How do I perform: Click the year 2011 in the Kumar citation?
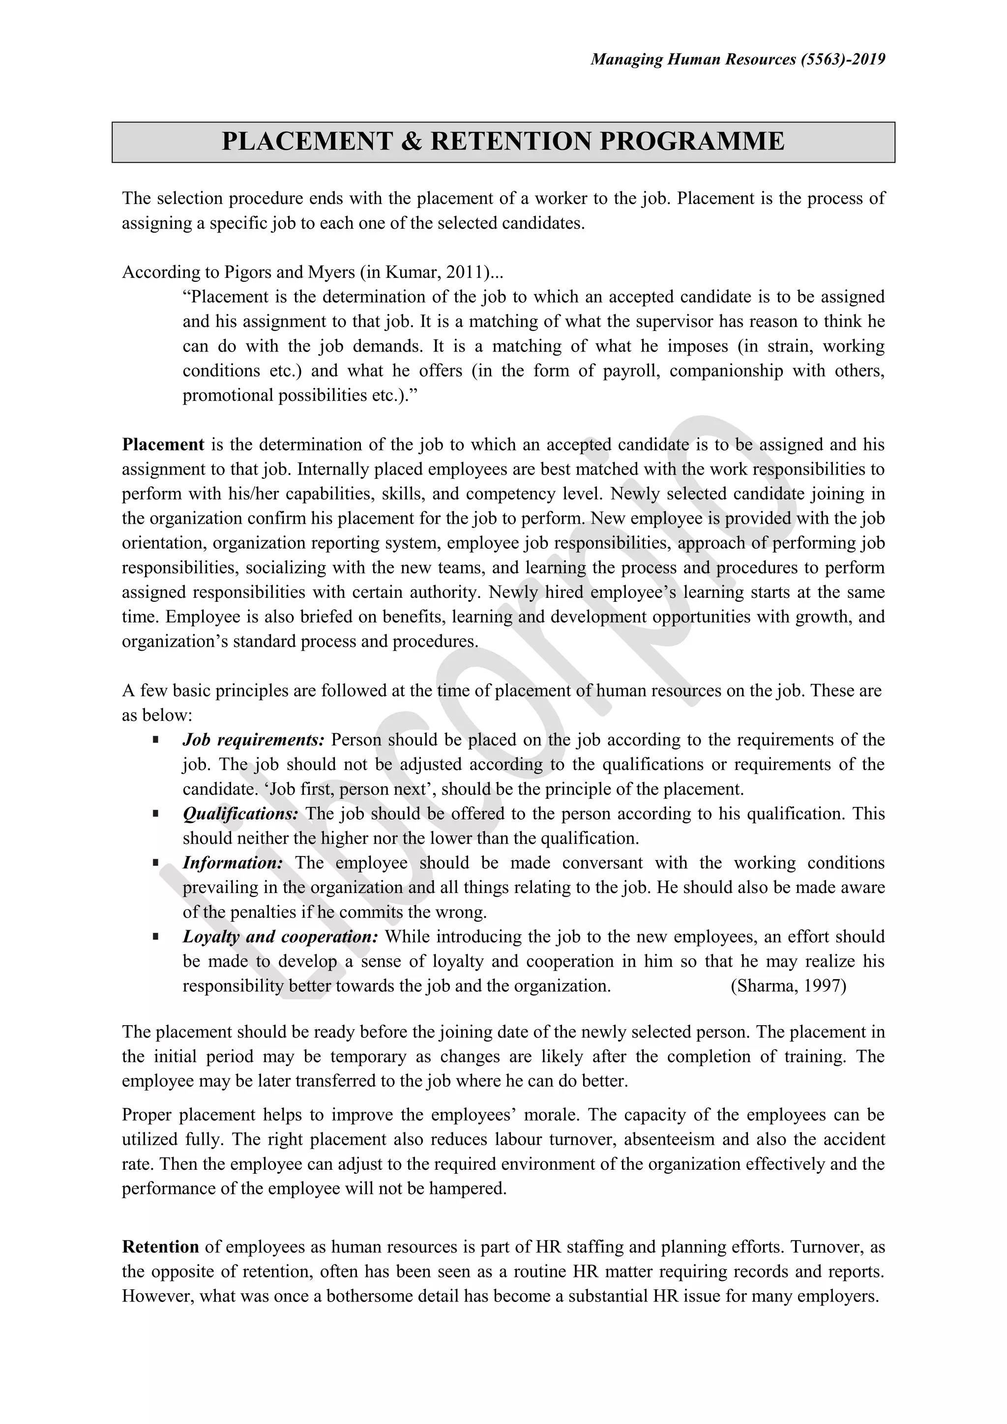pyautogui.click(x=465, y=272)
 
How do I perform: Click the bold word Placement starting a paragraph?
pyautogui.click(x=163, y=445)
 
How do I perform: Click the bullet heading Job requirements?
pyautogui.click(x=254, y=740)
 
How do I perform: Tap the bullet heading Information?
pyautogui.click(x=233, y=863)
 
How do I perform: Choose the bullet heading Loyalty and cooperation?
pyautogui.click(x=280, y=937)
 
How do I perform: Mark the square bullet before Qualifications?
pyautogui.click(x=156, y=813)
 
